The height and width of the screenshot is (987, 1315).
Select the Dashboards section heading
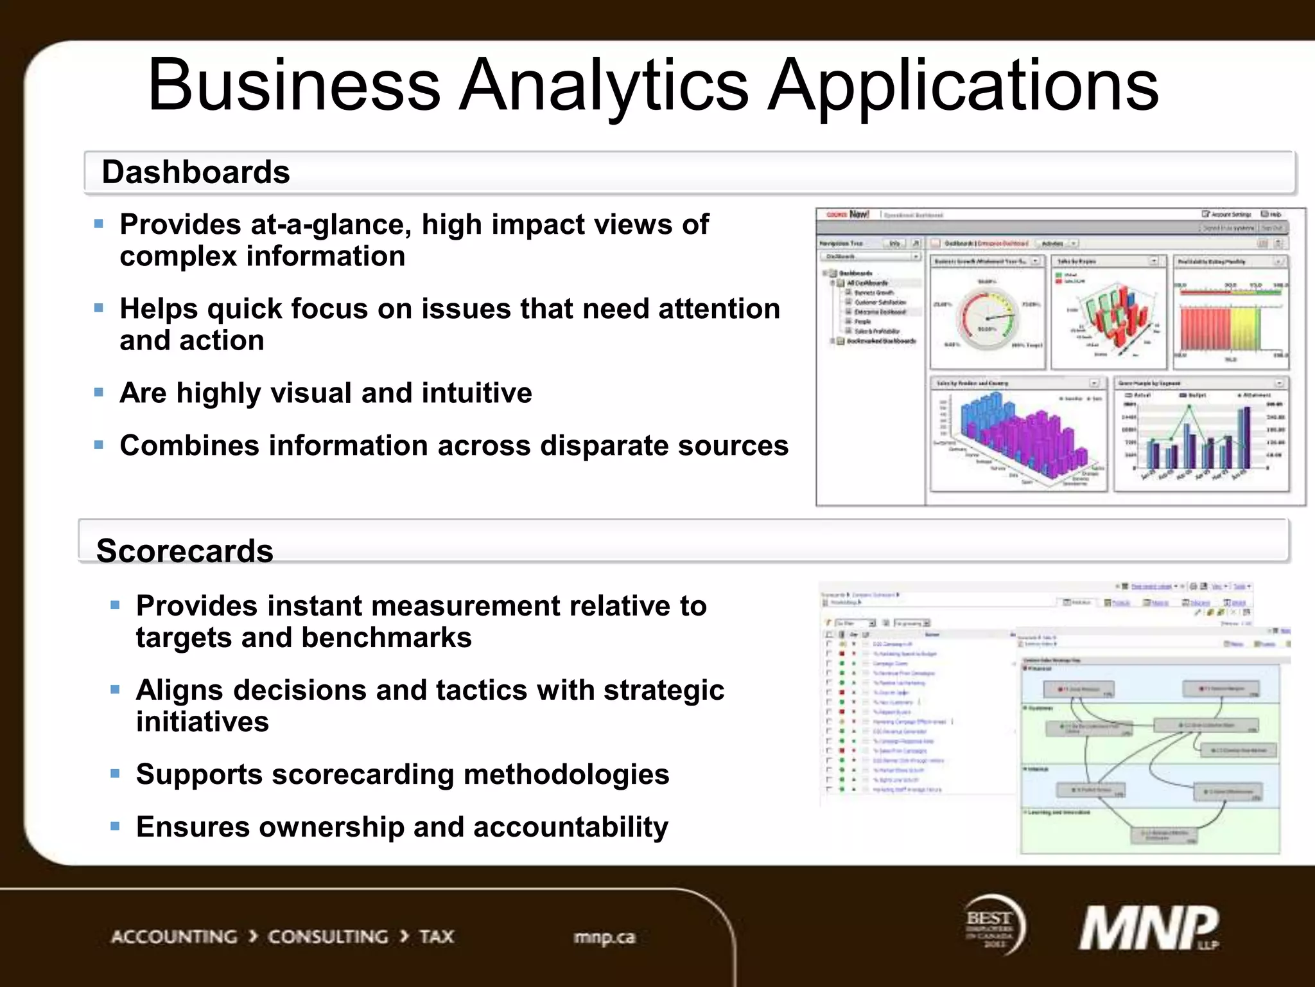(196, 172)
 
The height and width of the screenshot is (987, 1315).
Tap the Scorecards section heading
(185, 551)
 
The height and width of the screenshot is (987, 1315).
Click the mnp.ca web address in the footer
(604, 938)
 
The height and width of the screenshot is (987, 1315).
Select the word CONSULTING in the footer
(328, 937)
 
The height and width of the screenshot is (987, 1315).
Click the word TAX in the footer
(437, 937)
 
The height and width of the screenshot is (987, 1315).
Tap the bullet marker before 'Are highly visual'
(99, 393)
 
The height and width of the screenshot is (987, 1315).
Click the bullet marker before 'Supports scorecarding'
(116, 774)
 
